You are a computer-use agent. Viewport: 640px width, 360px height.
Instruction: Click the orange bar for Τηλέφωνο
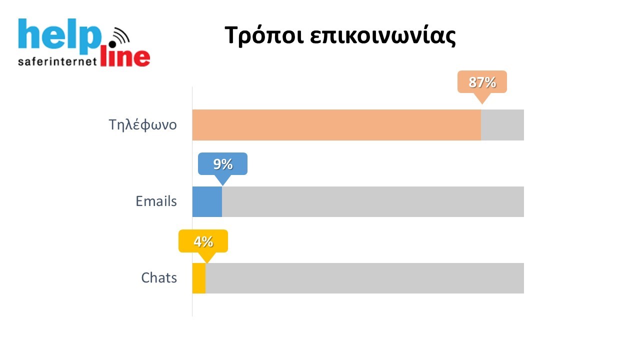[x=336, y=125]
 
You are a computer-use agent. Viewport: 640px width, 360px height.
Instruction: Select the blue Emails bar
[x=207, y=201]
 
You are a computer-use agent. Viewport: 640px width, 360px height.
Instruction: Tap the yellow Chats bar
[x=199, y=278]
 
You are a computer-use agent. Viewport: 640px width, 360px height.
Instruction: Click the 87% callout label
[x=482, y=82]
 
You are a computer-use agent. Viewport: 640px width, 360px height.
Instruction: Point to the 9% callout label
[x=222, y=164]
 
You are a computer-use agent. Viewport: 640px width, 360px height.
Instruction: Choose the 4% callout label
[x=203, y=241]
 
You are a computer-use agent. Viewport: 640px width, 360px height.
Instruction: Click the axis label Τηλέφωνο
[x=143, y=125]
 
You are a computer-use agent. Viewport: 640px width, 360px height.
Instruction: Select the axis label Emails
[x=156, y=201]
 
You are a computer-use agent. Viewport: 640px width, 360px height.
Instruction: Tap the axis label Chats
[x=159, y=278]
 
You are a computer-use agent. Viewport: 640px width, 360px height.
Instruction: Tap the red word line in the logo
[x=125, y=57]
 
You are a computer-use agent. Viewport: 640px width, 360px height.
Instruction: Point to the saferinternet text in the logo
[x=56, y=62]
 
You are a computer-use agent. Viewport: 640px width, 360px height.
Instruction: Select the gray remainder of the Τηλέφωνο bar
[x=502, y=125]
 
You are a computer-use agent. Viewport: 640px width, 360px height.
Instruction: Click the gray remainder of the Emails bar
[x=372, y=201]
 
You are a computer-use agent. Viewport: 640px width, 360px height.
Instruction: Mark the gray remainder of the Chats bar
[x=364, y=278]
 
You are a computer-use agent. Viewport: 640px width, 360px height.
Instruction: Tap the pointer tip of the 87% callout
[x=481, y=103]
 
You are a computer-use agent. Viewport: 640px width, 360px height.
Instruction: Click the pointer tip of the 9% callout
[x=222, y=184]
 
